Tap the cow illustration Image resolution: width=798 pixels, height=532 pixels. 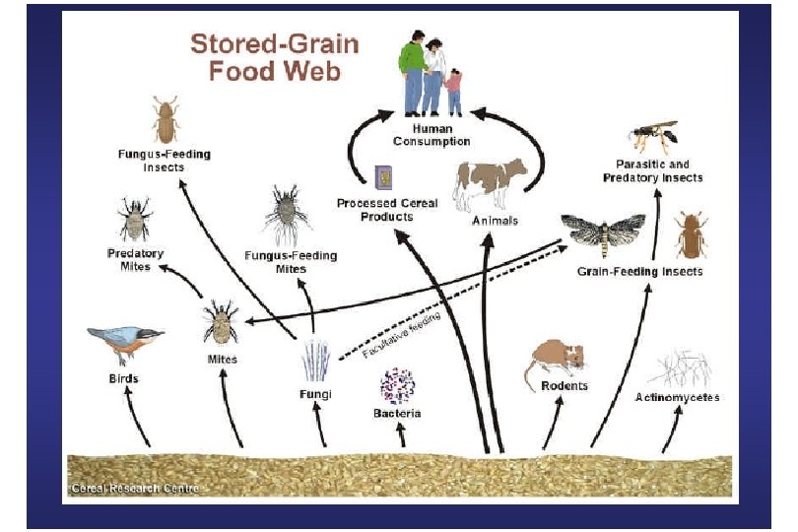pyautogui.click(x=490, y=183)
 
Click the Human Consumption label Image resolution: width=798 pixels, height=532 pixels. pyautogui.click(x=432, y=134)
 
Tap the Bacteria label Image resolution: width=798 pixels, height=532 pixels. pyautogui.click(x=397, y=414)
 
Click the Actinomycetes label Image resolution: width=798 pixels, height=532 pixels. pyautogui.click(x=677, y=398)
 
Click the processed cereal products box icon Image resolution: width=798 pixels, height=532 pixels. pyautogui.click(x=385, y=176)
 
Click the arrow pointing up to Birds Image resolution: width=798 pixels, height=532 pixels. pyautogui.click(x=139, y=424)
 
